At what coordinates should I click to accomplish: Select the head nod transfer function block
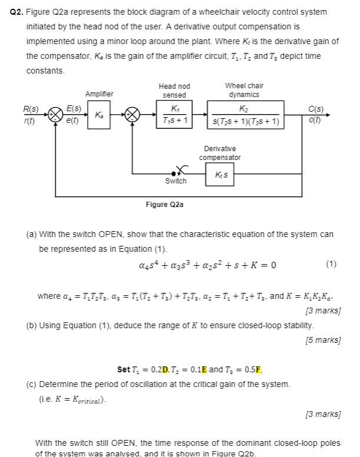[x=174, y=115]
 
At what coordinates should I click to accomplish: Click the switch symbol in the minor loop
[x=176, y=172]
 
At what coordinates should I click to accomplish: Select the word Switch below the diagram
[x=175, y=182]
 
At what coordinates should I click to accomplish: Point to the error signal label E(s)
[x=74, y=109]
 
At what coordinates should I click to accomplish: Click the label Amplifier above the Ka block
[x=99, y=94]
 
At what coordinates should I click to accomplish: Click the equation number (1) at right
[x=331, y=263]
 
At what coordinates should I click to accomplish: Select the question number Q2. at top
[x=16, y=12]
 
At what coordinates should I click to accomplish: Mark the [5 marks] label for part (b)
[x=323, y=340]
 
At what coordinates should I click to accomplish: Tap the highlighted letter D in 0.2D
[x=165, y=369]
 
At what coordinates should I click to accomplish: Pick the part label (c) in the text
[x=32, y=384]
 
